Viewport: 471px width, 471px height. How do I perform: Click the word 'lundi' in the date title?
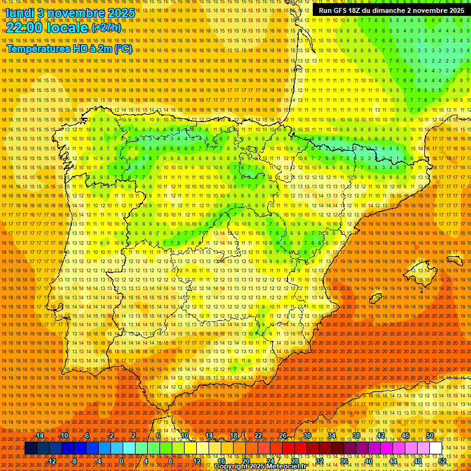[x=20, y=12]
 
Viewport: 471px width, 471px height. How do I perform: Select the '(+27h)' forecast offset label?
[x=106, y=28]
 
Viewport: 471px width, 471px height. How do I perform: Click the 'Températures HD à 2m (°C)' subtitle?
[x=69, y=48]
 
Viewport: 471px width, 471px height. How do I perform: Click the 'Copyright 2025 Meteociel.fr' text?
[x=260, y=467]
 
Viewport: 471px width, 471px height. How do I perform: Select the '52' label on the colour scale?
[x=442, y=461]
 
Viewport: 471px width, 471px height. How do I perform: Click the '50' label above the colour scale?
[x=430, y=435]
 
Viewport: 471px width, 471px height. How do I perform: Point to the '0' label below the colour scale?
[x=121, y=461]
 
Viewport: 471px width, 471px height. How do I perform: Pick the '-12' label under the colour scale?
[x=52, y=461]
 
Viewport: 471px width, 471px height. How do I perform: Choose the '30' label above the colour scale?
[x=307, y=435]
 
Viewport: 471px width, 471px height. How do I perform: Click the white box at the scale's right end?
[x=436, y=448]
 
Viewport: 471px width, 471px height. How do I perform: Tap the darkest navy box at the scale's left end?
[x=31, y=448]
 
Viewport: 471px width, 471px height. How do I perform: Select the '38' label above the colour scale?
[x=356, y=435]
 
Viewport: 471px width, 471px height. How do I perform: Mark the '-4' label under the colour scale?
[x=98, y=461]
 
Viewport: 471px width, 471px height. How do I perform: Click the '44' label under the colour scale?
[x=392, y=461]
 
